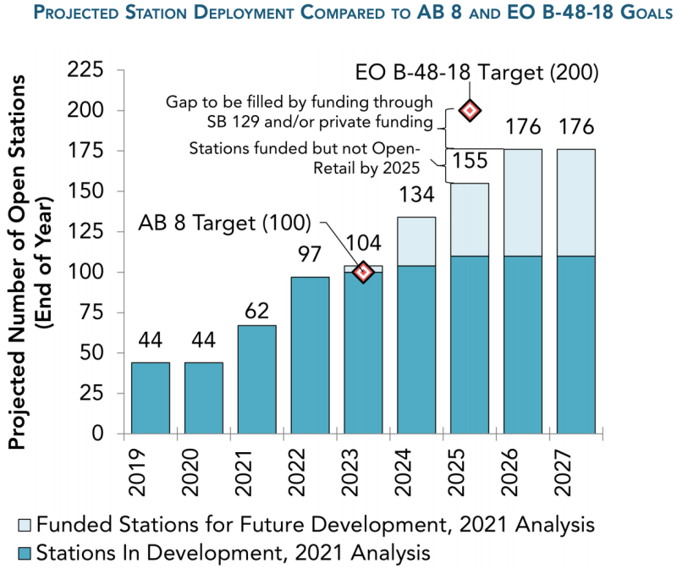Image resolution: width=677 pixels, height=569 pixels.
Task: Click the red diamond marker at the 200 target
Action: click(x=470, y=111)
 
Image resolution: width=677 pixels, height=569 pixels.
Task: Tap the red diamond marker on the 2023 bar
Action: click(x=363, y=272)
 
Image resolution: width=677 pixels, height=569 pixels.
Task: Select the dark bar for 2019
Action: click(x=151, y=398)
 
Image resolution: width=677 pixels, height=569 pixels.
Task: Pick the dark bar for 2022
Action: click(x=310, y=355)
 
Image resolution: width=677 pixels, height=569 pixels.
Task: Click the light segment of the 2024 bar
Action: click(x=416, y=241)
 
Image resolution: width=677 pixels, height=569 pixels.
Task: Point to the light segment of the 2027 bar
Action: click(x=576, y=202)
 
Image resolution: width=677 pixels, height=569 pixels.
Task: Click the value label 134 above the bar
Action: click(x=416, y=195)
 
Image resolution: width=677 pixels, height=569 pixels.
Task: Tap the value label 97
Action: click(x=310, y=254)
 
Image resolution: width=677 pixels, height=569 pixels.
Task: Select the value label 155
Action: click(x=470, y=161)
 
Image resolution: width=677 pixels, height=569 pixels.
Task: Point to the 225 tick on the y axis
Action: click(x=85, y=69)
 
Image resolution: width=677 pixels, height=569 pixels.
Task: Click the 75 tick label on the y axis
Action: click(x=91, y=312)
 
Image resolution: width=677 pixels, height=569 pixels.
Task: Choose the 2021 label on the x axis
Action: click(x=244, y=472)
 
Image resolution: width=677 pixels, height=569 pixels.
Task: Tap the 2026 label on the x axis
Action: click(x=509, y=472)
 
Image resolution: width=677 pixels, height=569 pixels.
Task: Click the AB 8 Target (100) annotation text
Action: click(x=224, y=223)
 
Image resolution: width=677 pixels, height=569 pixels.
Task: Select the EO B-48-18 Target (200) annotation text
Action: click(x=476, y=72)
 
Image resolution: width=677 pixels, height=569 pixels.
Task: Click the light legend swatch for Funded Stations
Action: click(x=25, y=525)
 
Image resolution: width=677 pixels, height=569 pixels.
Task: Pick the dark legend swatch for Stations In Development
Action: click(x=25, y=554)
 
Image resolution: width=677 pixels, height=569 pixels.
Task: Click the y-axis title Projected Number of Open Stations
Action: click(x=17, y=262)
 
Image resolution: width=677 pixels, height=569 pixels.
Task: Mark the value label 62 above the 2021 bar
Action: click(x=257, y=311)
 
